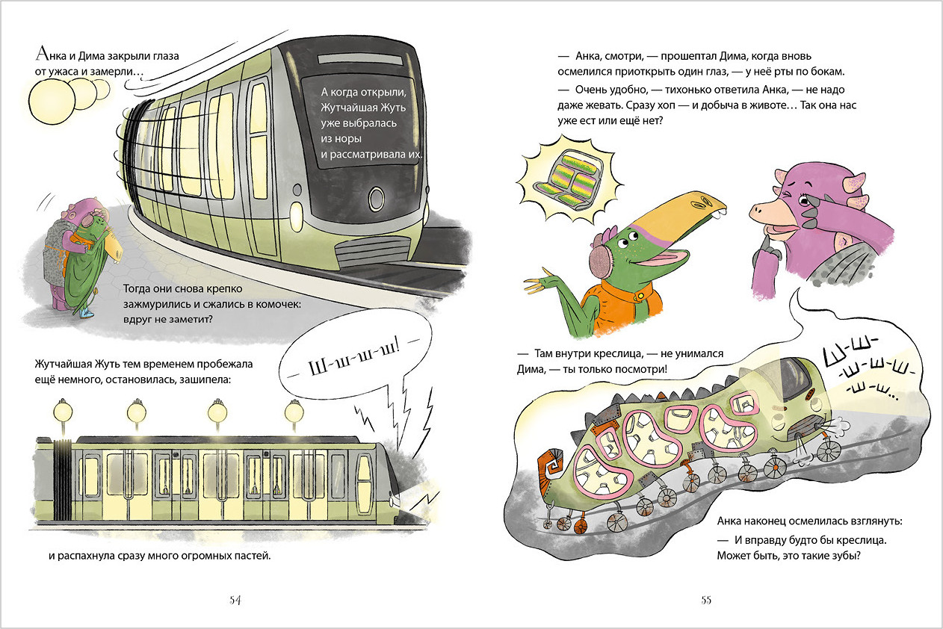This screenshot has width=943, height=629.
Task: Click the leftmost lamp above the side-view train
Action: click(62, 410)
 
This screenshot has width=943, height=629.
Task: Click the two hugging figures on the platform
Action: click(75, 254)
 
